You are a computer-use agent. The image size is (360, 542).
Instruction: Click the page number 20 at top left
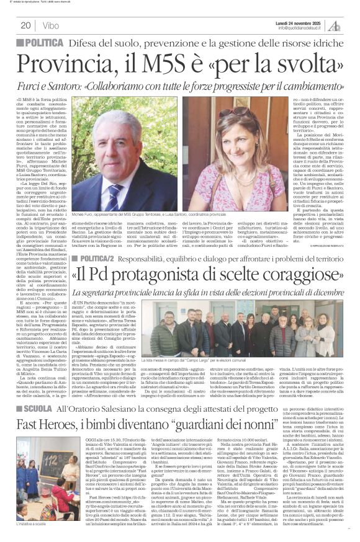point(25,25)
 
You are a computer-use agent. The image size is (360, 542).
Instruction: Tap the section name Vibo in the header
point(52,25)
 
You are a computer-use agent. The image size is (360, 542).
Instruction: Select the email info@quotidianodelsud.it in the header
point(303,28)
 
